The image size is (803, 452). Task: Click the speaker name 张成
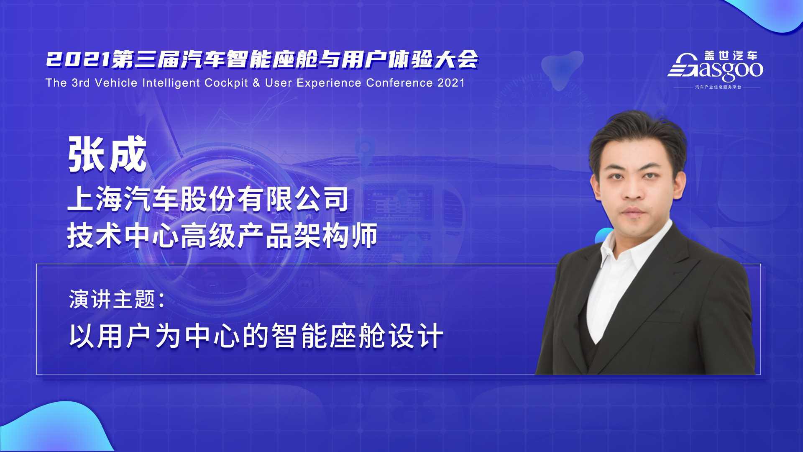point(108,154)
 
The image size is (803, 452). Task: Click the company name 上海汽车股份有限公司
point(208,199)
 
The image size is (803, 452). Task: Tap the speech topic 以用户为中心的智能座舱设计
point(256,336)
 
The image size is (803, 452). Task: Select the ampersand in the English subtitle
point(257,83)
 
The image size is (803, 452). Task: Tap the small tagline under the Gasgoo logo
point(718,87)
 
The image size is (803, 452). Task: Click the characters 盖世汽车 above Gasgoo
point(731,56)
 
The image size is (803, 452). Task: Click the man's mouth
point(634,211)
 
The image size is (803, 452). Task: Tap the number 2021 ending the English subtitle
point(451,83)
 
